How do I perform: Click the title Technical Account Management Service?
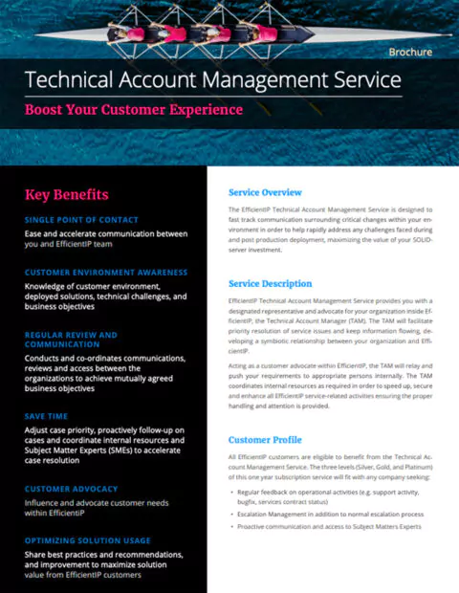click(212, 80)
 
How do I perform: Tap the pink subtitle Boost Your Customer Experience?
click(133, 109)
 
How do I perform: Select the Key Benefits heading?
click(66, 195)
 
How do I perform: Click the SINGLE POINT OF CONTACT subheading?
click(82, 220)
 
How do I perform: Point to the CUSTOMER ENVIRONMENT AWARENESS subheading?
click(106, 273)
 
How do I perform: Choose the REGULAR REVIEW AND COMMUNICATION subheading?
click(71, 340)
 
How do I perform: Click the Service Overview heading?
click(265, 192)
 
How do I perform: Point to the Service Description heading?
click(270, 284)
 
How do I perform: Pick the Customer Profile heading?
click(265, 440)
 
